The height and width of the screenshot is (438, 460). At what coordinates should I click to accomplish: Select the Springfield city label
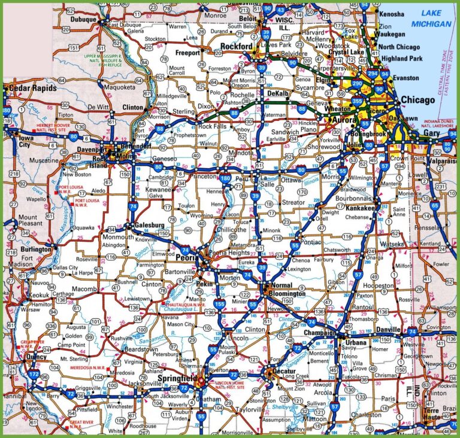pyautogui.click(x=178, y=379)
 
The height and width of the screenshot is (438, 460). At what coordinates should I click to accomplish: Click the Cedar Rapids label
pyautogui.click(x=31, y=88)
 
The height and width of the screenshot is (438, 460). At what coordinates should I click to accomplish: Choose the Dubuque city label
pyautogui.click(x=83, y=20)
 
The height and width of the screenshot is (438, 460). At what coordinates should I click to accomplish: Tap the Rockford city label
pyautogui.click(x=236, y=47)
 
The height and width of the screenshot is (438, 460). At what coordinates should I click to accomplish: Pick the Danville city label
pyautogui.click(x=390, y=330)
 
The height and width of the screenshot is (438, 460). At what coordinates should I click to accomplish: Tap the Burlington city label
pyautogui.click(x=36, y=249)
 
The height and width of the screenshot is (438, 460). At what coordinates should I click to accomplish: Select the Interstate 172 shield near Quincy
pyautogui.click(x=34, y=373)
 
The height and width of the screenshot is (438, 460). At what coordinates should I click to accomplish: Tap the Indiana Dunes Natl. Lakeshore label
pyautogui.click(x=440, y=124)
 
